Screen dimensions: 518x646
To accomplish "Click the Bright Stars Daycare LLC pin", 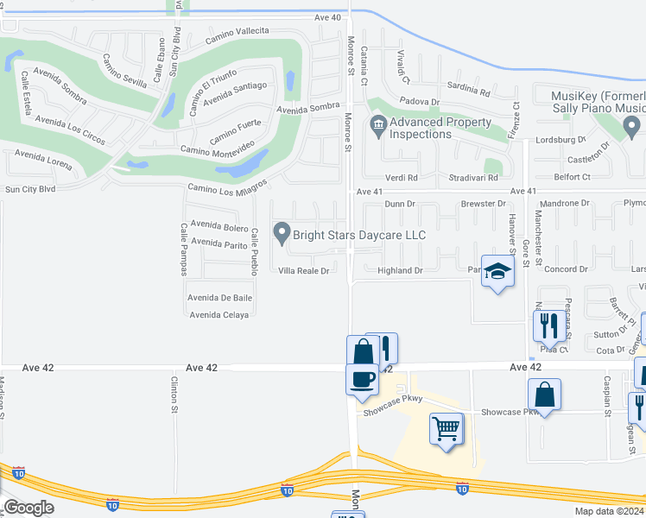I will (282, 233).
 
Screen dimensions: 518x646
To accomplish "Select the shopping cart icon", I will (446, 428).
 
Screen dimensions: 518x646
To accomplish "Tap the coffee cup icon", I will (363, 378).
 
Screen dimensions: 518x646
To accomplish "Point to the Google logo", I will (28, 508).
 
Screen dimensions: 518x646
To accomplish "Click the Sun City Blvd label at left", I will (29, 188).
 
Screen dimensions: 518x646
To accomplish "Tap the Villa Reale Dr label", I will (303, 271).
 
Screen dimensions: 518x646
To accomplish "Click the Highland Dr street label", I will (400, 271).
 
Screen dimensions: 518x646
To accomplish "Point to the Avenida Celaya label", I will (218, 314).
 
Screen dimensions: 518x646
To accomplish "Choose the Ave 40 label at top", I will (327, 17).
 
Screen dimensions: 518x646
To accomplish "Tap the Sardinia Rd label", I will (468, 90).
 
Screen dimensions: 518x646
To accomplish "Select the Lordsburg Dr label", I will (560, 139).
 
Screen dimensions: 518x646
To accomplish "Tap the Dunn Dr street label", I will (400, 204).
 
